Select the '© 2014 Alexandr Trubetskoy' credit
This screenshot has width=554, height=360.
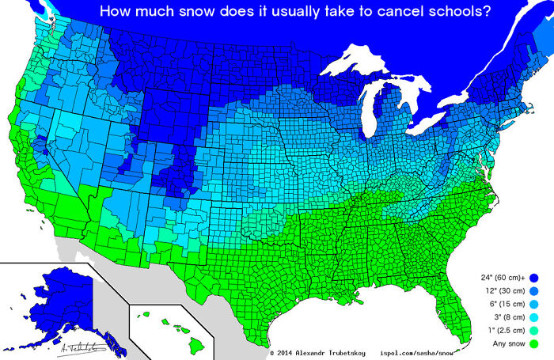(x=319, y=353)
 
